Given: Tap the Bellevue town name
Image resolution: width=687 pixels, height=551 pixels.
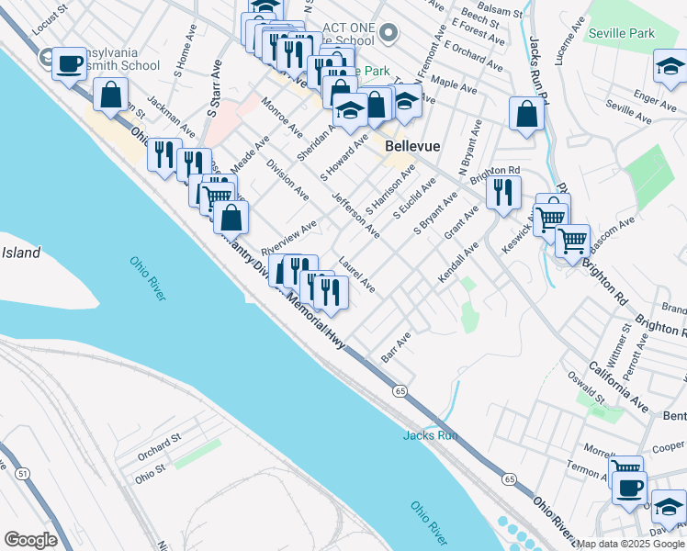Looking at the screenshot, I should pyautogui.click(x=413, y=146).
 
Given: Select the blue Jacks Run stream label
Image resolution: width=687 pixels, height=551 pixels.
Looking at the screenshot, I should pyautogui.click(x=430, y=435).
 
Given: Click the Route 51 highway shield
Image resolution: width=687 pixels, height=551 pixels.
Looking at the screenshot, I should pyautogui.click(x=21, y=472).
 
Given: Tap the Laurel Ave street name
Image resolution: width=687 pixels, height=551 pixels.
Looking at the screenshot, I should pyautogui.click(x=355, y=274).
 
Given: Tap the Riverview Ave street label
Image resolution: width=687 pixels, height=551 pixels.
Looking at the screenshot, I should pyautogui.click(x=288, y=237).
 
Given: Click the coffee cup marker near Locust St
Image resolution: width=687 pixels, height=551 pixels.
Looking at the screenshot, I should pyautogui.click(x=70, y=63).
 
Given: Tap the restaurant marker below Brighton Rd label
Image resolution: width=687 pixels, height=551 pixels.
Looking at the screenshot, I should pyautogui.click(x=502, y=192).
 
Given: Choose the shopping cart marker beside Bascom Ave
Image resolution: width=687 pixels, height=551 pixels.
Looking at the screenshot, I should pyautogui.click(x=572, y=242).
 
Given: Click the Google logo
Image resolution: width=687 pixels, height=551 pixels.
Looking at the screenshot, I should pyautogui.click(x=30, y=540).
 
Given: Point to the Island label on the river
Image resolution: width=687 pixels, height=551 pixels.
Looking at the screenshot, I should pyautogui.click(x=20, y=253).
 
